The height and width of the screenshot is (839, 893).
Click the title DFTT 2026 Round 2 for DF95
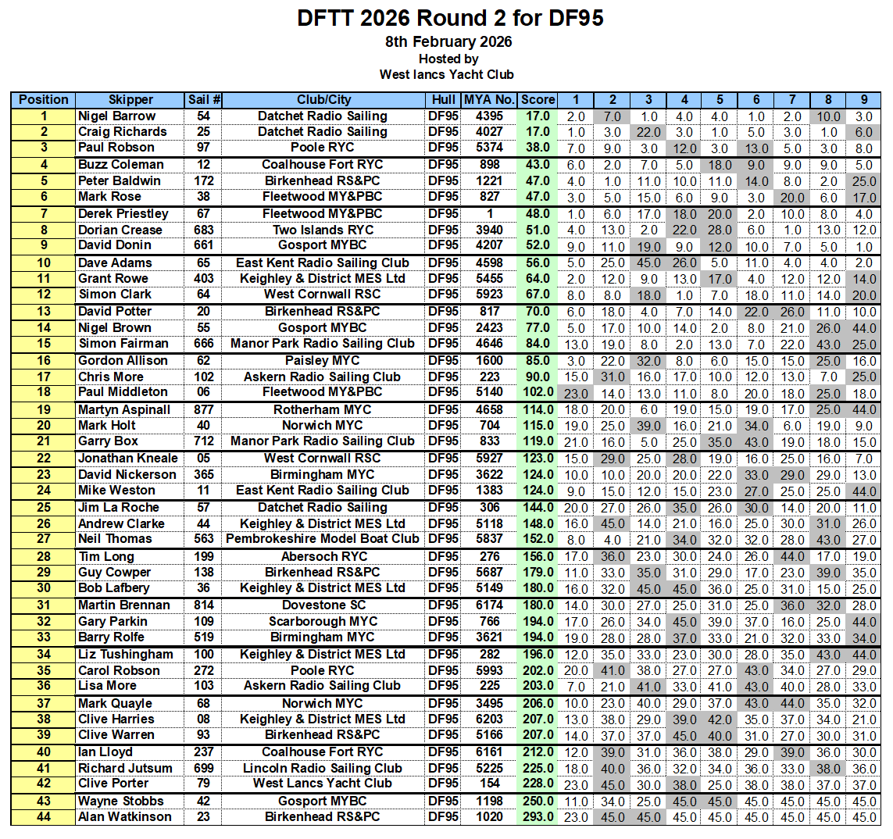coord(450,19)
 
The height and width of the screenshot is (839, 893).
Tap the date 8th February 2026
coord(449,42)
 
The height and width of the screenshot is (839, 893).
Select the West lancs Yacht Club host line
coord(447,75)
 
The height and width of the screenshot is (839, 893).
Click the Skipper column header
coord(130,100)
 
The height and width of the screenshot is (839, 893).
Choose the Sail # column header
coord(204,100)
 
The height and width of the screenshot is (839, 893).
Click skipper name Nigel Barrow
coord(116,116)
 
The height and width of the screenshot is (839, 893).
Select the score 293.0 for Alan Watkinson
coord(538,817)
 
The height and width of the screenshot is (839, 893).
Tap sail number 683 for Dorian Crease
coord(204,230)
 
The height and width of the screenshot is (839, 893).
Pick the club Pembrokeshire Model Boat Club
coord(323,539)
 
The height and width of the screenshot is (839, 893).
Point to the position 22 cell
coord(44,459)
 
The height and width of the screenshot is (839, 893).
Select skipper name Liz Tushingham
coord(125,655)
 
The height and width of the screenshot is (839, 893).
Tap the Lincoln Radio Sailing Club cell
coord(323,769)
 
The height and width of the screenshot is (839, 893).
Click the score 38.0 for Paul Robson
coord(538,148)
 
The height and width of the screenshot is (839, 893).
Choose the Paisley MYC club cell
coord(323,361)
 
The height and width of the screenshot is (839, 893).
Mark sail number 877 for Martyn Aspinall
coord(204,410)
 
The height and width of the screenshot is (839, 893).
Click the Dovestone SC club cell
coord(323,605)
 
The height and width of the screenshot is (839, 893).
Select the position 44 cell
coord(44,817)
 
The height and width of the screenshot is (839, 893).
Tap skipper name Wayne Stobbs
coord(120,802)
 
